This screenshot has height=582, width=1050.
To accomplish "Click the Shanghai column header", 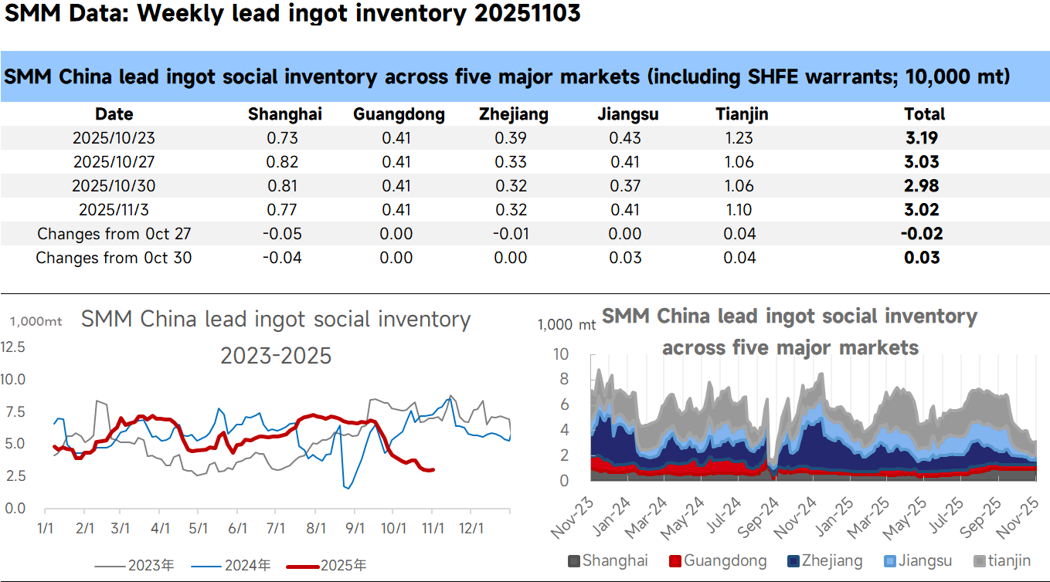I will [284, 114].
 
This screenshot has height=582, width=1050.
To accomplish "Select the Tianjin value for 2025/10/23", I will [739, 139].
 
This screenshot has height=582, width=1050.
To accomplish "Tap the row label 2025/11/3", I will [114, 210].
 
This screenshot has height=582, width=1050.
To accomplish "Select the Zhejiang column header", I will [513, 114].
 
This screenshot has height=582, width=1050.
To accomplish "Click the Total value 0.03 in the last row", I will [923, 257].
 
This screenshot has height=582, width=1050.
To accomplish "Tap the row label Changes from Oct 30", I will [114, 258].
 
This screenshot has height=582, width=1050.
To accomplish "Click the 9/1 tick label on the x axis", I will [355, 529].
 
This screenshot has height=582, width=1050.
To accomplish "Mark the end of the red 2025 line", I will [433, 469].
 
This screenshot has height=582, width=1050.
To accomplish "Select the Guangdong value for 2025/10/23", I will [396, 139].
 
